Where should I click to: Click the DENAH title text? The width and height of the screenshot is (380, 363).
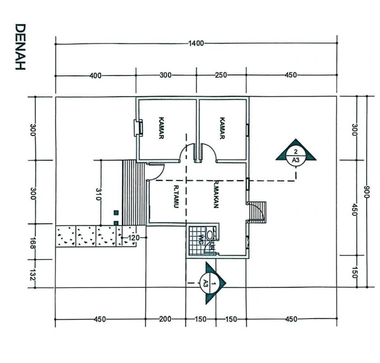[20, 47]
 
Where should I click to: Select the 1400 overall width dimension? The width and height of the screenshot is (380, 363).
[196, 44]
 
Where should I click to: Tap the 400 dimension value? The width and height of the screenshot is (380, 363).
[95, 76]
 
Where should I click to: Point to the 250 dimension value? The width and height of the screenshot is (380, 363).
[221, 75]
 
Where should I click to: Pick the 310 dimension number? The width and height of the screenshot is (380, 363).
[98, 194]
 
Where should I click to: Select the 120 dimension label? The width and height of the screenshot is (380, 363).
[134, 238]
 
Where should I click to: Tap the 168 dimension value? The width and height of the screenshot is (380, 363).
[32, 243]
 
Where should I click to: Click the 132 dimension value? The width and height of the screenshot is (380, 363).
[32, 274]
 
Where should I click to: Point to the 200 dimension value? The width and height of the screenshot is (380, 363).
[165, 319]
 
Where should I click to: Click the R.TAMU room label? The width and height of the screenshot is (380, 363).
[176, 197]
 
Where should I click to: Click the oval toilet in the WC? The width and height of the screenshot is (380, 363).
[210, 235]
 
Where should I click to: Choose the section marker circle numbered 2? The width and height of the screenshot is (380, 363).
[296, 156]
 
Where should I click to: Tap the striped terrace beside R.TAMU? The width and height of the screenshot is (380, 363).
[134, 193]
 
